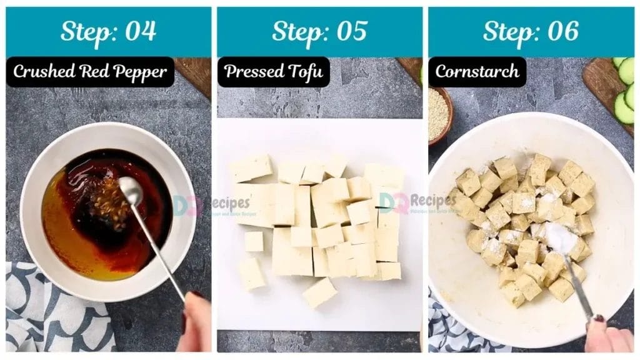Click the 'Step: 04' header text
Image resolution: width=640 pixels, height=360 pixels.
108,31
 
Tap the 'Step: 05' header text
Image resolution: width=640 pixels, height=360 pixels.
319,31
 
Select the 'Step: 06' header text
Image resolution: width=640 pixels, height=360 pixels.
531,31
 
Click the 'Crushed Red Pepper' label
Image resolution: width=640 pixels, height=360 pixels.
90,72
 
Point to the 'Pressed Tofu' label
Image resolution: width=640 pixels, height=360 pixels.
273,72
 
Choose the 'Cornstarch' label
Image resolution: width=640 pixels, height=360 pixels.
477,72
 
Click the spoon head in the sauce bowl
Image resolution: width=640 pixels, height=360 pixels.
130,187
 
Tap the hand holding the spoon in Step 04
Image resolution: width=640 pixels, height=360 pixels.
195,322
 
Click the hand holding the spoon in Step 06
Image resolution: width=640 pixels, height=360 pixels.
607,337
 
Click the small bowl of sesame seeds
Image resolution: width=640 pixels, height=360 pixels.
439,114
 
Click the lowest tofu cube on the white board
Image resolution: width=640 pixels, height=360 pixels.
319,292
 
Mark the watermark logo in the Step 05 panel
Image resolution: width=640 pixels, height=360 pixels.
416,201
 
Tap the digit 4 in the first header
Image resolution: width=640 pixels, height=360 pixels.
148,31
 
